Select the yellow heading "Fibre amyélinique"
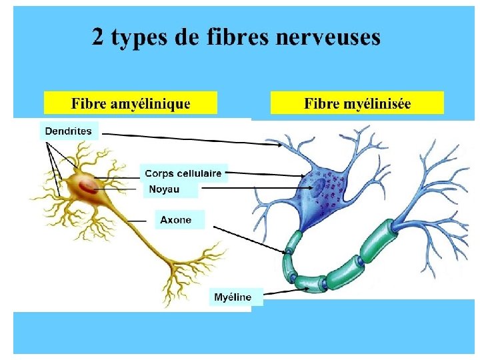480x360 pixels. tap(131, 103)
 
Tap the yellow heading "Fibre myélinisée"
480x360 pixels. tap(357, 103)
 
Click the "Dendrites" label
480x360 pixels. tap(69, 131)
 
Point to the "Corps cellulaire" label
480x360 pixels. tap(183, 173)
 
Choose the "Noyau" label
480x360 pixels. tap(164, 189)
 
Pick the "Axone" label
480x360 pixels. tap(176, 219)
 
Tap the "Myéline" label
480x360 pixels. tap(233, 297)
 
